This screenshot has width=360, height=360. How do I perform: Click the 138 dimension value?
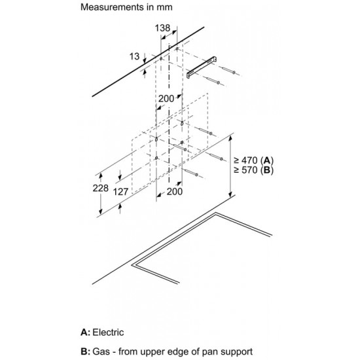pos(162,28)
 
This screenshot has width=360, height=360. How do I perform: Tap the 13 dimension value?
pos(135,56)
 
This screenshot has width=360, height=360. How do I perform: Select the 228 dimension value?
pos(101,189)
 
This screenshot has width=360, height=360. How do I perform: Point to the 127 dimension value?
pos(121,192)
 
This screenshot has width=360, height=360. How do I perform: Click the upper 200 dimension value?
pos(166,99)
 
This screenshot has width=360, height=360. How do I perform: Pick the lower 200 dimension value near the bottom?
pos(175,192)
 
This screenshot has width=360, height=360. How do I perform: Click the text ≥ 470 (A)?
pos(254,160)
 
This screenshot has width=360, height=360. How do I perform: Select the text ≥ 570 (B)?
pos(254,170)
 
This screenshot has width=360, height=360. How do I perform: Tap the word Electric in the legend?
pos(108,333)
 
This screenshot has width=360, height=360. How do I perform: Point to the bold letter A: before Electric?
pos(85,333)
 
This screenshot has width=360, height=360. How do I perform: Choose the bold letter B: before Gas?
pos(85,351)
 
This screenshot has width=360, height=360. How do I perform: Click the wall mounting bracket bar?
pos(202,67)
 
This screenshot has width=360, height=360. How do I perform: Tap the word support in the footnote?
pos(236,352)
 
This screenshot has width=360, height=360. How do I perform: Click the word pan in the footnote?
pos(209,353)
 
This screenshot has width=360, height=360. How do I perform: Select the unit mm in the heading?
pos(164,8)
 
